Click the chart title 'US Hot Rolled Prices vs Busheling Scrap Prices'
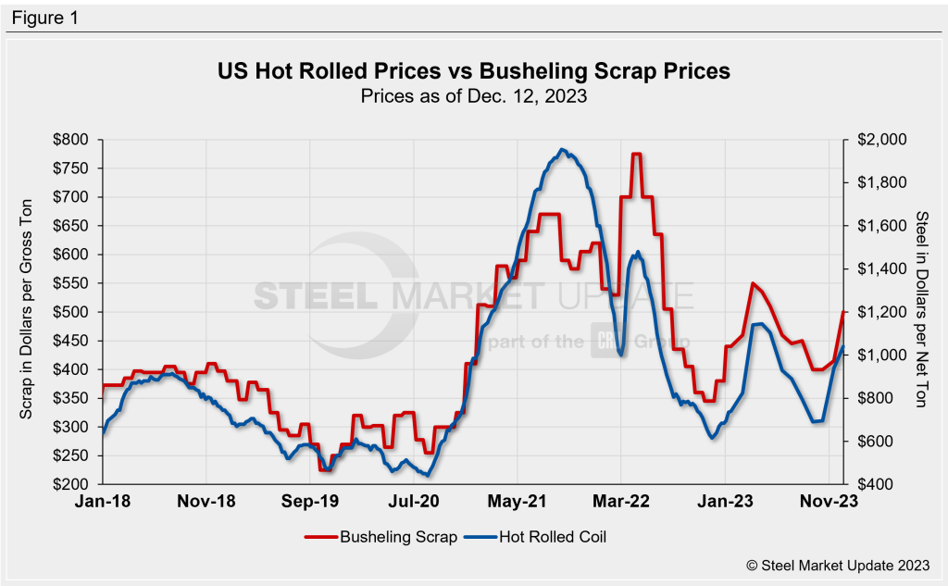pyautogui.click(x=473, y=71)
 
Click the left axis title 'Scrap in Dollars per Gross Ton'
pyautogui.click(x=27, y=312)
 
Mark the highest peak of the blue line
pyautogui.click(x=562, y=149)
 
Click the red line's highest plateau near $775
pyautogui.click(x=636, y=155)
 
